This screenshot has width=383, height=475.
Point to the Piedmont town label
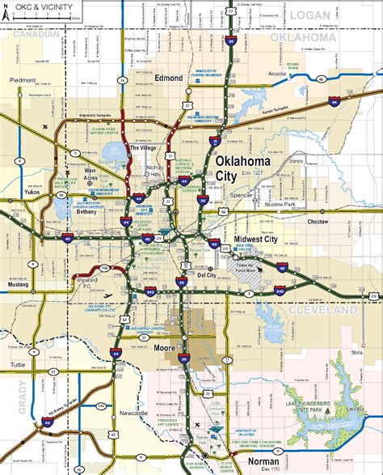(22, 80)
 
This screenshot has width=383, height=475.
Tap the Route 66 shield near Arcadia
(322, 79)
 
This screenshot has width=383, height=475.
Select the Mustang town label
(19, 286)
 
